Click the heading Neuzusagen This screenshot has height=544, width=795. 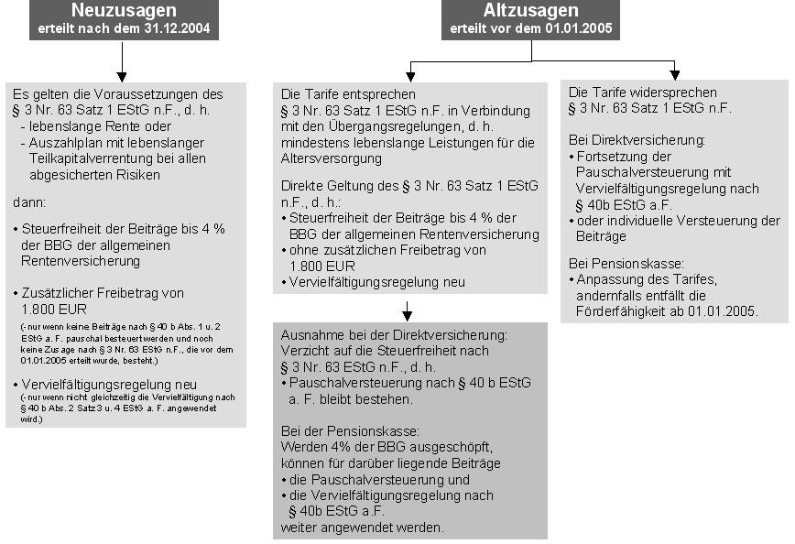[124, 12]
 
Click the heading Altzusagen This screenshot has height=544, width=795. [531, 12]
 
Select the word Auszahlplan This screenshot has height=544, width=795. [62, 142]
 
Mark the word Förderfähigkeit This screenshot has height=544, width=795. [620, 311]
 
